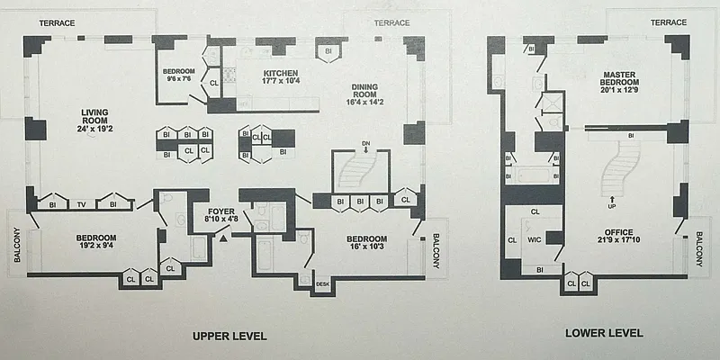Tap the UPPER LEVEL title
230,336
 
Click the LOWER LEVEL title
604,333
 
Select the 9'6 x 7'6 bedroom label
180,75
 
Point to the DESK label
323,284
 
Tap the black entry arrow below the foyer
222,236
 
